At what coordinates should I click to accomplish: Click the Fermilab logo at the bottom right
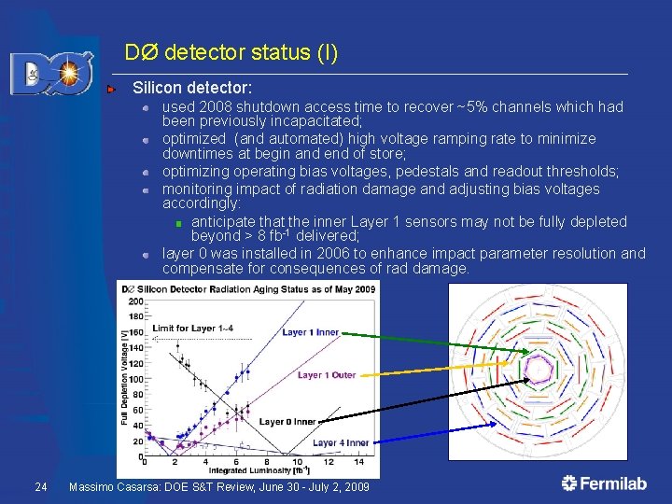[x=606, y=483]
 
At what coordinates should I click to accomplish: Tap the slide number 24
[x=40, y=487]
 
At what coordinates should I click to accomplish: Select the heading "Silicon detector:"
[x=192, y=88]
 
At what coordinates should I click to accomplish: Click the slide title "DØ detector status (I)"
[x=231, y=53]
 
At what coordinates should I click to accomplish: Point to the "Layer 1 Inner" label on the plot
[x=311, y=332]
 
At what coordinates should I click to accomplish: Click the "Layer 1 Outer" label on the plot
[x=327, y=375]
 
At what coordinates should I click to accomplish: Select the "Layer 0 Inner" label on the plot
[x=287, y=422]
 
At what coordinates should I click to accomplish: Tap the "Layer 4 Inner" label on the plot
[x=341, y=442]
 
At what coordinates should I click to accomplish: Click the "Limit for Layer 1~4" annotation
[x=192, y=328]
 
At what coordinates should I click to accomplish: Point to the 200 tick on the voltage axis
[x=135, y=301]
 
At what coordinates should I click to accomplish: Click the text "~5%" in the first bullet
[x=470, y=106]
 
